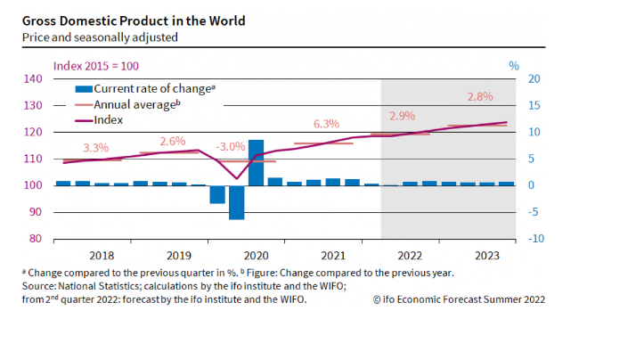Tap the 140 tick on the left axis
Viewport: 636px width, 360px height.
33,78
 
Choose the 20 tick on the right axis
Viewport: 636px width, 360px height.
534,78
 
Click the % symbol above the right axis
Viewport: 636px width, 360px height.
513,65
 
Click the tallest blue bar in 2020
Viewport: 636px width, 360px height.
256,162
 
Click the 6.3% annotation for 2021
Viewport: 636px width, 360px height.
327,124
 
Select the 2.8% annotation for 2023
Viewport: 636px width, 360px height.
479,96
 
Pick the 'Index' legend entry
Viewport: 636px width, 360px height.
108,119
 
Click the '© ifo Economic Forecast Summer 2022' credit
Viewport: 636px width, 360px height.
460,299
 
